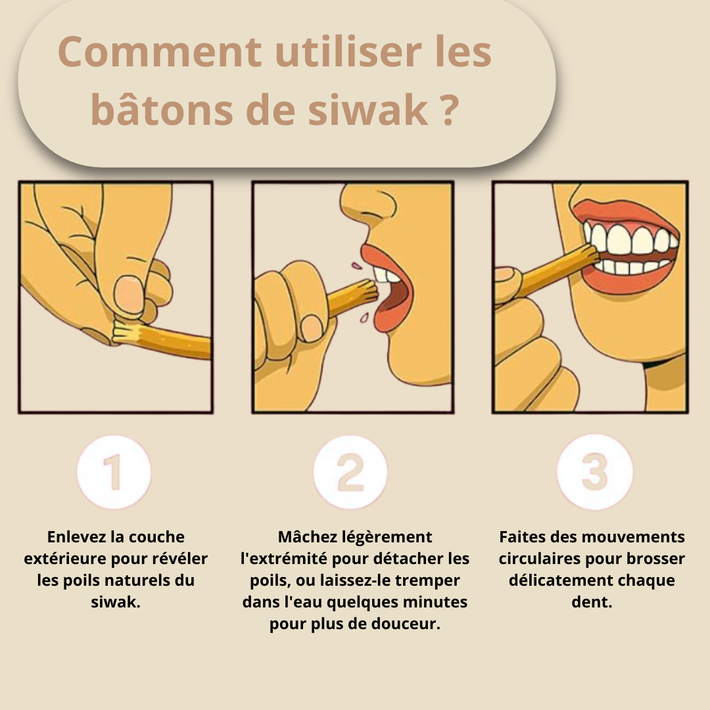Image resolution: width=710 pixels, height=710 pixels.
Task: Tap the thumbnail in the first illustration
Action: [x=129, y=295]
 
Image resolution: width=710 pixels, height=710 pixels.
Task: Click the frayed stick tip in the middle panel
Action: [x=369, y=289]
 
